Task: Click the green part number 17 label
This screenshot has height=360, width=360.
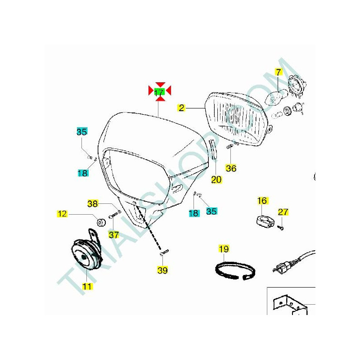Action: (x=159, y=92)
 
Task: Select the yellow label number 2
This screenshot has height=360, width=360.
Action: (x=181, y=108)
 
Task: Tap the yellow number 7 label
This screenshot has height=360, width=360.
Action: (x=279, y=72)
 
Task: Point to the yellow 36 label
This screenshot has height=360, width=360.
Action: (x=231, y=168)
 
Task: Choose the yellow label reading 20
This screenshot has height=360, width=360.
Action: (x=216, y=180)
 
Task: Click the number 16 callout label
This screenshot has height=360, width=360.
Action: (x=262, y=201)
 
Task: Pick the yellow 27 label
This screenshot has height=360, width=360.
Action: (x=283, y=212)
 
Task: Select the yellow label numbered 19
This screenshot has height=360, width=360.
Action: (x=224, y=249)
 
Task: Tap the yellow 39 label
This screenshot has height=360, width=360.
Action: (x=162, y=270)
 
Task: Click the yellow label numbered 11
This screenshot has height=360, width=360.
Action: (x=87, y=286)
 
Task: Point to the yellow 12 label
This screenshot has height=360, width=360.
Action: (x=62, y=214)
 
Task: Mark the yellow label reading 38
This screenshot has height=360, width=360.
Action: (x=93, y=204)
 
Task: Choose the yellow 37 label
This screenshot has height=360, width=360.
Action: (x=114, y=234)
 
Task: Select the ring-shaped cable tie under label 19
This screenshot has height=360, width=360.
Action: (x=234, y=271)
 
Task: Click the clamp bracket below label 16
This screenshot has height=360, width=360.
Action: (x=265, y=221)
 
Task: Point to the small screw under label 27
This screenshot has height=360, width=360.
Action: (x=281, y=228)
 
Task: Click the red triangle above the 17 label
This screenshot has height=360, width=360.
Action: (x=160, y=85)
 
